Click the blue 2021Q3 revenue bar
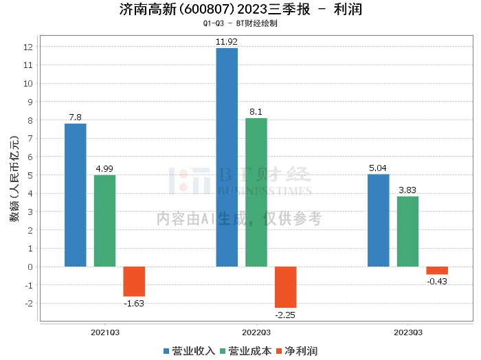click(x=76, y=195)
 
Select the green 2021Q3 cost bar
click(x=104, y=221)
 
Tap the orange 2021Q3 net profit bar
click(x=134, y=281)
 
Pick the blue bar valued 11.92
click(x=227, y=157)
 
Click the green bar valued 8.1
click(x=256, y=192)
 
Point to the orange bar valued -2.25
click(x=285, y=286)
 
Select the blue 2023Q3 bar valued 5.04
click(x=379, y=220)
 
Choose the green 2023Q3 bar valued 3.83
click(x=407, y=231)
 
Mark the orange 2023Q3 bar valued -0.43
click(x=437, y=270)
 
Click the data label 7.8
click(x=76, y=117)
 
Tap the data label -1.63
click(x=134, y=303)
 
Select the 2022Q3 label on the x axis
click(x=256, y=331)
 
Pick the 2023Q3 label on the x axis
click(x=407, y=331)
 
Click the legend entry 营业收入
click(x=189, y=350)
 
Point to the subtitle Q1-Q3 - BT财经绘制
click(x=240, y=23)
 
